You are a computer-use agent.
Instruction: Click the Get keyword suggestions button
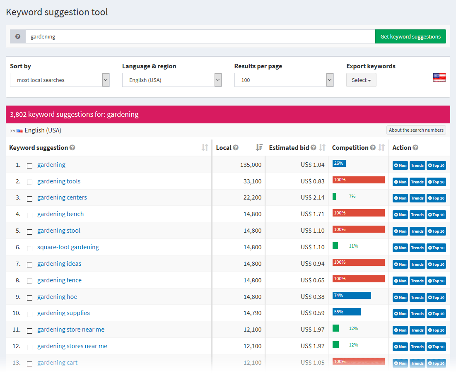pos(410,36)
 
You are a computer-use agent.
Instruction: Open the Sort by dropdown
pos(60,80)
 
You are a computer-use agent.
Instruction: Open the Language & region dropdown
pos(172,80)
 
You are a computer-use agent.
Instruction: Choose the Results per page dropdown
pos(284,80)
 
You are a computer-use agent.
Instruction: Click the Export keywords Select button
pos(361,80)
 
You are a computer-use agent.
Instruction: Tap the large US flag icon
pos(439,77)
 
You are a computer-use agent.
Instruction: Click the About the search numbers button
pos(416,130)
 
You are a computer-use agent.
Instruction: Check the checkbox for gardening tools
pos(29,182)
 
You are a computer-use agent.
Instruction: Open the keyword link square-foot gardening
pos(68,247)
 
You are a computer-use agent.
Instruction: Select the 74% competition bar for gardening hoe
pos(352,295)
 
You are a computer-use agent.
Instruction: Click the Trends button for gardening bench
pos(417,214)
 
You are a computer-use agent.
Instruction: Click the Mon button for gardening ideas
pos(400,264)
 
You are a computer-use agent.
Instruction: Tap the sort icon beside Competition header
pos(382,147)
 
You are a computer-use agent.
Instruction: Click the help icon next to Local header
pos(236,147)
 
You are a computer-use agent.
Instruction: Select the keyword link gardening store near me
pos(71,330)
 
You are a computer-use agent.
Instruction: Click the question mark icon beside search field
pos(18,36)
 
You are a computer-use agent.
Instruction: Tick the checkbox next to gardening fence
pos(29,281)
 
